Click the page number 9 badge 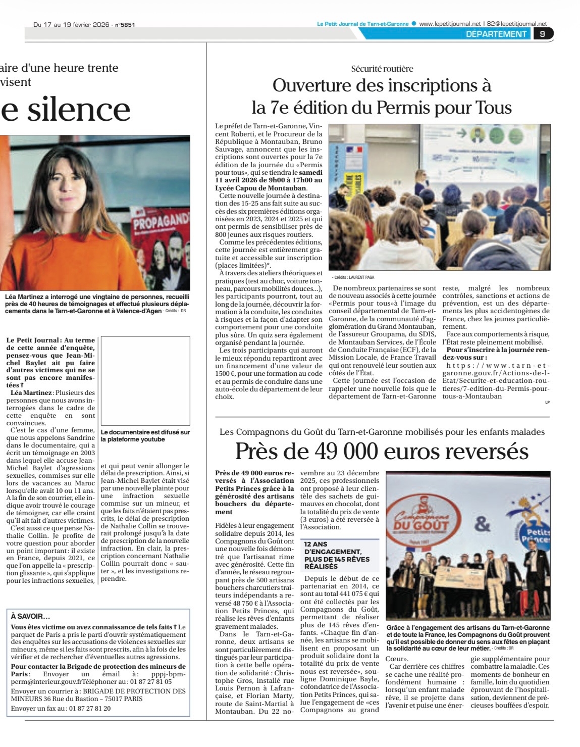point(543,34)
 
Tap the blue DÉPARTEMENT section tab point(496,34)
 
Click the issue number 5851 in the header point(127,24)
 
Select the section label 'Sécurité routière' point(382,69)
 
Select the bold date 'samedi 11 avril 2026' point(268,176)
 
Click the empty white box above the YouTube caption point(145,380)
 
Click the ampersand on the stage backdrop point(482,524)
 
